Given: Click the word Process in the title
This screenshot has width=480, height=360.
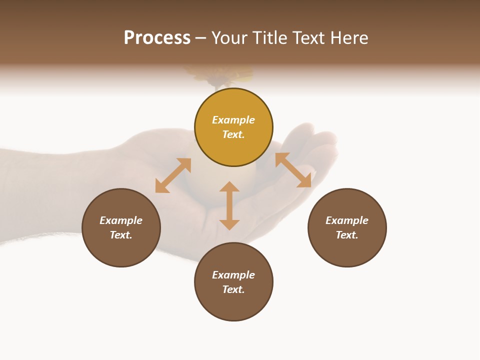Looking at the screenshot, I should [157, 38].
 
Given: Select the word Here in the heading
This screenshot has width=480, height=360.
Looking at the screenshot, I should [348, 38].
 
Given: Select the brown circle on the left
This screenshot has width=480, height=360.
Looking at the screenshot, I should [121, 250].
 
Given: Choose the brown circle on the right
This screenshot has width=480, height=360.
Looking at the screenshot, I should [347, 250].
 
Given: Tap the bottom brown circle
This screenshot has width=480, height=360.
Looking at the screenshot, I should [233, 305].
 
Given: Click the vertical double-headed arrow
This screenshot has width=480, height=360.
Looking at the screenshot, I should [229, 206].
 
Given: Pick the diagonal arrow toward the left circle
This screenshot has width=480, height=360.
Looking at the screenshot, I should [173, 175].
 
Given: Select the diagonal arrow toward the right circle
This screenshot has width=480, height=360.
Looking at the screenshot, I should [293, 170].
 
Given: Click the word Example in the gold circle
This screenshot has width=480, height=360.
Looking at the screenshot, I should [233, 120].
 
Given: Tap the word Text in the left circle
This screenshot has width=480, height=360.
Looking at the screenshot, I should [120, 235].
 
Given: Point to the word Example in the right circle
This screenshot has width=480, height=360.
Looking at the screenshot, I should [347, 220].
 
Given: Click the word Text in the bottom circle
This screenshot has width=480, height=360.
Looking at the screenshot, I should [233, 289].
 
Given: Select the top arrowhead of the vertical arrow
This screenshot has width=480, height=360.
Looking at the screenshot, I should [229, 186].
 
